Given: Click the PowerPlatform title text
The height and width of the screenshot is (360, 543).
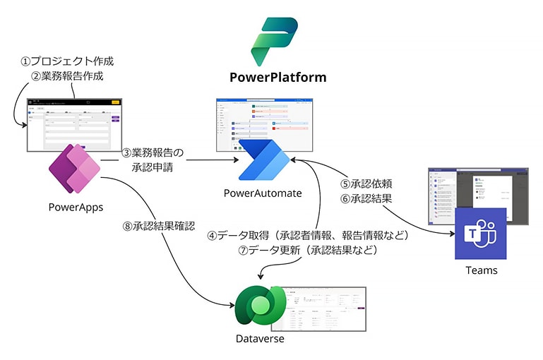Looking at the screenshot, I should pyautogui.click(x=278, y=77).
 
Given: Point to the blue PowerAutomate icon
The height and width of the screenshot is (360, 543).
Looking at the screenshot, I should pyautogui.click(x=262, y=160).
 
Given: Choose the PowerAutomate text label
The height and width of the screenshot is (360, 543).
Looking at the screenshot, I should pyautogui.click(x=263, y=193).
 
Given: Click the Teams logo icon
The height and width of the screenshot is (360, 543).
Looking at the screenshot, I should pyautogui.click(x=482, y=235).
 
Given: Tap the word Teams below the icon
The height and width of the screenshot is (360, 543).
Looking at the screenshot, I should pyautogui.click(x=481, y=270).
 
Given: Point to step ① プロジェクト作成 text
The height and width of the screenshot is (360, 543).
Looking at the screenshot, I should pyautogui.click(x=66, y=61).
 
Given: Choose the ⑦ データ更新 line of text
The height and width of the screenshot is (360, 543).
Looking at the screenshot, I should pyautogui.click(x=310, y=251).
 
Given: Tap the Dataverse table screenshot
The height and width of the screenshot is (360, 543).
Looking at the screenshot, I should pyautogui.click(x=326, y=309).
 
